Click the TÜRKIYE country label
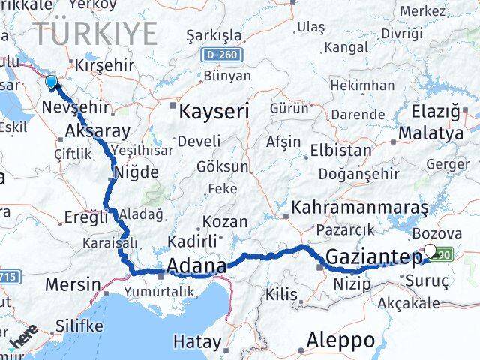(96, 34)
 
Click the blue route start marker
(51, 82)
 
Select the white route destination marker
(430, 251)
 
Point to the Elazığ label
(435, 112)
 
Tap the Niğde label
(136, 172)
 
